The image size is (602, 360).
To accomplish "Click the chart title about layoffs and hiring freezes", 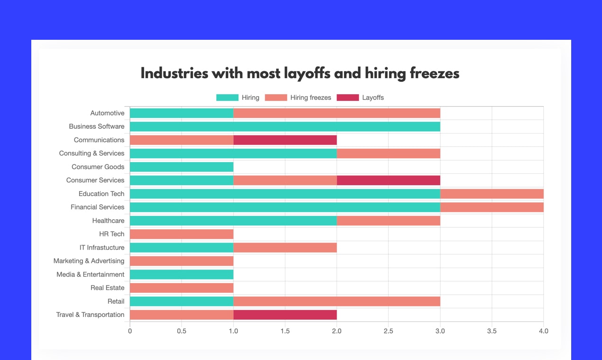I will tap(300, 74).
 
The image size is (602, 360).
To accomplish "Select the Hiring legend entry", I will tap(238, 98).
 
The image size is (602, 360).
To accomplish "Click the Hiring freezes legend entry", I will tap(298, 98).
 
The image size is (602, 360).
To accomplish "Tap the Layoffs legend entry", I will tap(360, 98).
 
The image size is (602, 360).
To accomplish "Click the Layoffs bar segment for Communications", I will tap(285, 140).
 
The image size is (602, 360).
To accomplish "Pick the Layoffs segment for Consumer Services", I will tap(388, 180).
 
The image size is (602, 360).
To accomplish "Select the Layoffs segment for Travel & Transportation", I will tap(285, 315).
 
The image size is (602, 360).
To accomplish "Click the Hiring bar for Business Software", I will tap(285, 126).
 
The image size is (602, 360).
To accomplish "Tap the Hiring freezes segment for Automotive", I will tap(337, 113).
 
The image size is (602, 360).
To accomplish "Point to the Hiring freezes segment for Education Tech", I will tap(492, 194).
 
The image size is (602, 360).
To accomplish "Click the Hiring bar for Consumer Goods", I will tap(182, 167).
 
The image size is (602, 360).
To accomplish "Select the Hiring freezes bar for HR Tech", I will tap(182, 234).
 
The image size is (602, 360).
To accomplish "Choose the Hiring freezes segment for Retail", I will tap(337, 302).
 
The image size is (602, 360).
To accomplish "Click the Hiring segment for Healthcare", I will tap(233, 221).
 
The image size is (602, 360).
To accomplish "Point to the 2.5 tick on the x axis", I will tap(388, 331).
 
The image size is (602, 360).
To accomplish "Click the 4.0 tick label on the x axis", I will tap(543, 331).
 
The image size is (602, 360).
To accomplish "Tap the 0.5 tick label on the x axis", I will tap(182, 331).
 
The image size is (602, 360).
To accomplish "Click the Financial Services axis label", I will tap(97, 207).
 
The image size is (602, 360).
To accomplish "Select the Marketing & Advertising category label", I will tap(89, 261).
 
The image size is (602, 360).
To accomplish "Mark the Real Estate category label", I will tap(107, 288).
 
